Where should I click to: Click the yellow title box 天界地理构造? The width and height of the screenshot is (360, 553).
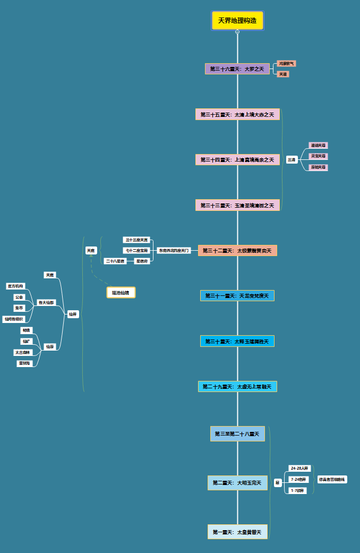[237, 21]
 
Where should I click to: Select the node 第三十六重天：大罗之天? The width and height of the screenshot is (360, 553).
[237, 69]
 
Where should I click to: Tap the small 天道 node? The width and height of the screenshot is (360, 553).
[283, 74]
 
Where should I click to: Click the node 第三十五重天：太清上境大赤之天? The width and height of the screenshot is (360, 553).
[237, 114]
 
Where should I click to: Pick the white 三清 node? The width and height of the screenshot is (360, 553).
[292, 160]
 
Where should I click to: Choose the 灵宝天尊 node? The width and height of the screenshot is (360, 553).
[319, 156]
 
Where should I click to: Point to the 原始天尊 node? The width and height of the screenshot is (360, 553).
[319, 167]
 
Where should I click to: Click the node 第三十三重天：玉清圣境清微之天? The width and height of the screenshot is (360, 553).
[237, 205]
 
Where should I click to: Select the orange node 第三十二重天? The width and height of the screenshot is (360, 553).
[237, 250]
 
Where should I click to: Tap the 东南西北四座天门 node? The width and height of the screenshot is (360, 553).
[174, 250]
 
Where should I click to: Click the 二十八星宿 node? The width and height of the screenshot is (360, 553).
[115, 261]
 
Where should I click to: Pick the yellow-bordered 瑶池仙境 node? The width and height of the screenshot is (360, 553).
[121, 292]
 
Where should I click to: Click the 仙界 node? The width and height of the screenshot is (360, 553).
[73, 314]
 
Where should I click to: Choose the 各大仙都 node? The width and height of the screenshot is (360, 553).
[46, 302]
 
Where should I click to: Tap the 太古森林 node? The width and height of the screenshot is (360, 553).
[23, 352]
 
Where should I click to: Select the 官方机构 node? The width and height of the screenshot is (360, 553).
[16, 286]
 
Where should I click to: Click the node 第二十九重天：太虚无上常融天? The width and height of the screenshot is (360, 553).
[237, 387]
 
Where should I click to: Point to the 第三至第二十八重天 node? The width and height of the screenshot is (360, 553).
[237, 434]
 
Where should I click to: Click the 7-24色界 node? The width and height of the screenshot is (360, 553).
[299, 479]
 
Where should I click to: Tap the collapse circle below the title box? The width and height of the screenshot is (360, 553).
[237, 32]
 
